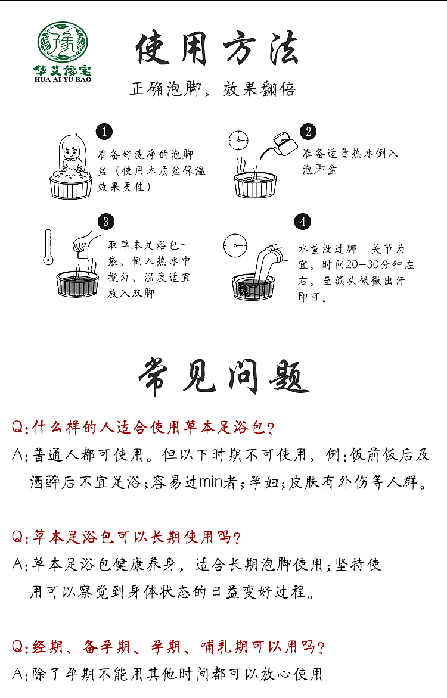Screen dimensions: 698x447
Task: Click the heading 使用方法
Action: (217, 49)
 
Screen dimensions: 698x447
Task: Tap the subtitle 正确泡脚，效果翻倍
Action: (213, 90)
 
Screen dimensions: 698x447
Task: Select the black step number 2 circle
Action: (308, 132)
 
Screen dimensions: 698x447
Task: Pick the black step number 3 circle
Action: (105, 222)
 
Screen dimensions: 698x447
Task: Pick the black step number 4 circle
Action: (303, 222)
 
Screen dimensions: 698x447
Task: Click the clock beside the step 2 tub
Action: (238, 141)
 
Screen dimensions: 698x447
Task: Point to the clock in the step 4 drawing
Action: (235, 245)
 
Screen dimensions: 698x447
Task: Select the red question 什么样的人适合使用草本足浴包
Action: (143, 428)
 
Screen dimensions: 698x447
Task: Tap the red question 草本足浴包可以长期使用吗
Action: (126, 537)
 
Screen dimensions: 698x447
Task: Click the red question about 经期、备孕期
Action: (168, 647)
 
